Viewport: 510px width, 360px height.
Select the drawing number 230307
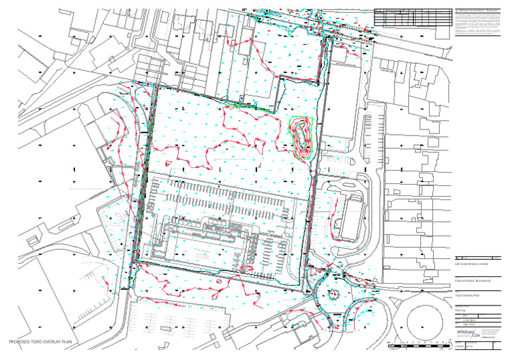460,346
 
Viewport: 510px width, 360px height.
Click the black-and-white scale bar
418,347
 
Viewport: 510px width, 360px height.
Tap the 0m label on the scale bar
388,342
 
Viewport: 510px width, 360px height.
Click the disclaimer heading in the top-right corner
477,11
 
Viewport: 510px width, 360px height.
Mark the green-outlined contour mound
302,137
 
